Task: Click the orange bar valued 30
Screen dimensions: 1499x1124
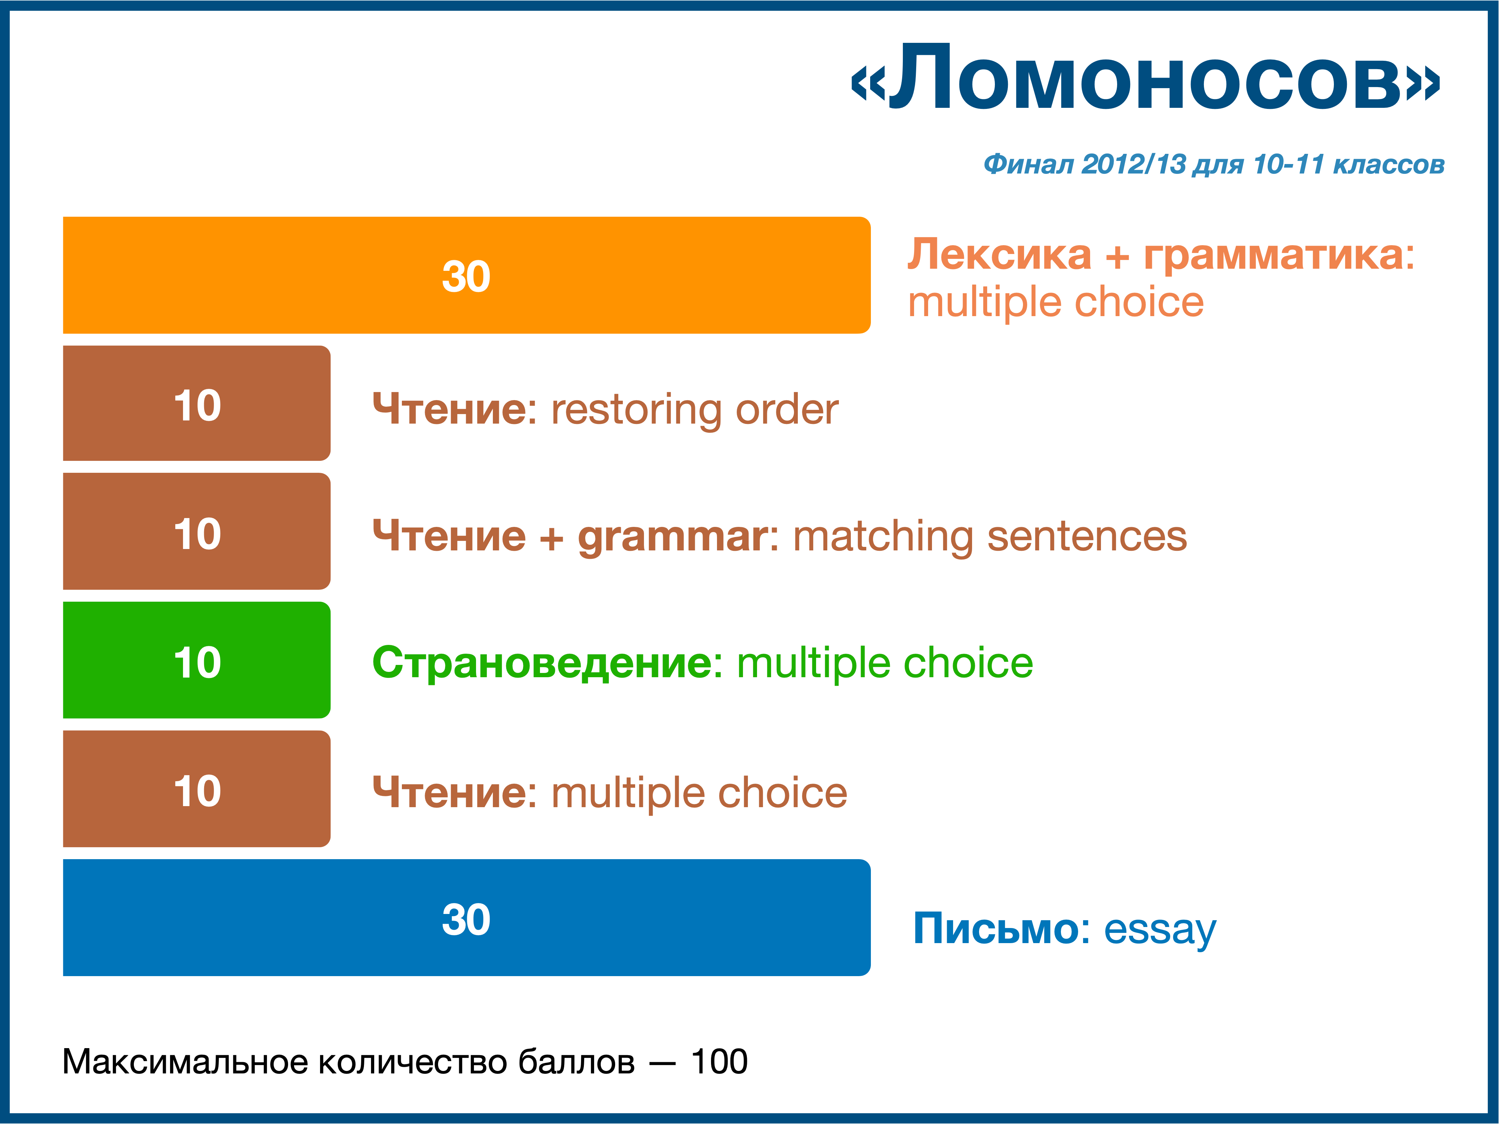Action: tap(466, 275)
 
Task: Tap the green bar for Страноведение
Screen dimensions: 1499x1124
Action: tap(196, 660)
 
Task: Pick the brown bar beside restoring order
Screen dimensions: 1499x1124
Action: tap(196, 403)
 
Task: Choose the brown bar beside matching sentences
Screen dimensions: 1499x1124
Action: tap(196, 531)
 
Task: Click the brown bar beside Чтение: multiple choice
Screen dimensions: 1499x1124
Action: tap(196, 789)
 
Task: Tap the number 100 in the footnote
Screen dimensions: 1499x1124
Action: tap(719, 1062)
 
